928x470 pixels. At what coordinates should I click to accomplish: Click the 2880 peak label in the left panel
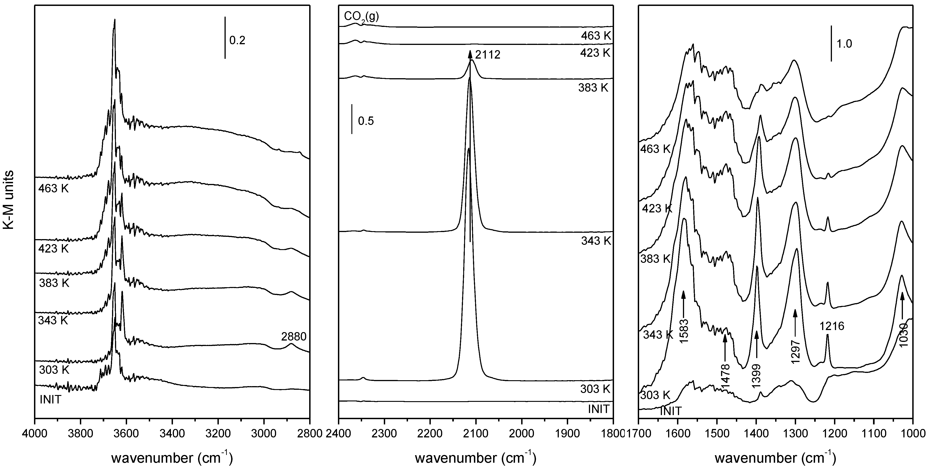[x=294, y=337]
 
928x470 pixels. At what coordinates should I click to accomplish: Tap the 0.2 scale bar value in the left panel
[x=237, y=40]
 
